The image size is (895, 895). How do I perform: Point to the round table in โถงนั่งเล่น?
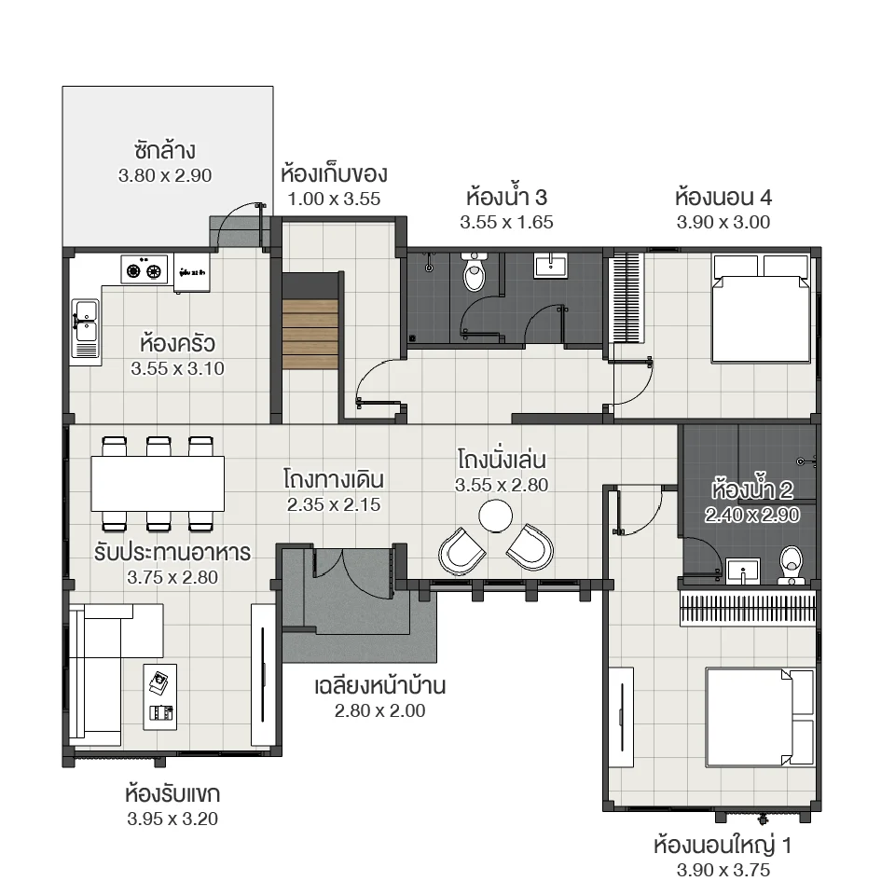click(x=494, y=514)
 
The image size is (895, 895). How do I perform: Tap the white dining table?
click(x=158, y=482)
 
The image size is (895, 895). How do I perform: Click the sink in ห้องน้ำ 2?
click(x=744, y=570)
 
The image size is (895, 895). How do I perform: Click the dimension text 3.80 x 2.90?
click(x=166, y=175)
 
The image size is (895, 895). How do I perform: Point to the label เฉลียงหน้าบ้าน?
click(x=379, y=687)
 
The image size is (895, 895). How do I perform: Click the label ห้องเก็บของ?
click(x=334, y=174)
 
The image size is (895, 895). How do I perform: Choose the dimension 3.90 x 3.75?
click(x=723, y=871)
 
